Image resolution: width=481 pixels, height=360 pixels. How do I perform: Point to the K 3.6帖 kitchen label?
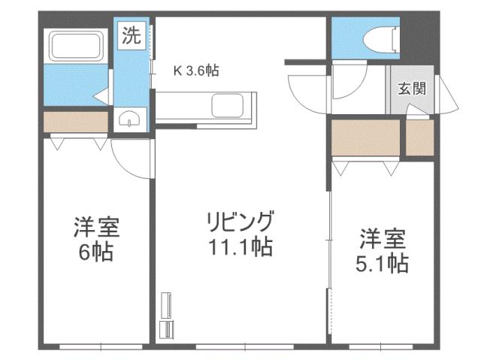[196, 71]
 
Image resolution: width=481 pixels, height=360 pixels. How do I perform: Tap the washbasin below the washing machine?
[132, 119]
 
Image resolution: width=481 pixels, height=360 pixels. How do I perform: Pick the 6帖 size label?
[97, 251]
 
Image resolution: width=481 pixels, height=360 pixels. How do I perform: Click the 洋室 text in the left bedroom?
[97, 227]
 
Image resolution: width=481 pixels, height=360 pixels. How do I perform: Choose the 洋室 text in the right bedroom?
[382, 240]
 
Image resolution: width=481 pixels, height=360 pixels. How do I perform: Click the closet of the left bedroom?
[75, 122]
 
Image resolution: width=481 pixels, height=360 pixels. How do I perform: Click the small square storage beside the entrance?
[420, 138]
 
